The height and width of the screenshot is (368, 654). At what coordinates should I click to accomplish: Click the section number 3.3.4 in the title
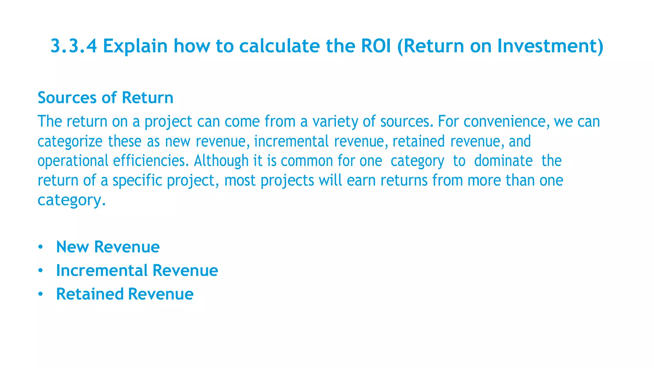(x=74, y=46)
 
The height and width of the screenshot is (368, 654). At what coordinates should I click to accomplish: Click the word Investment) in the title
(x=551, y=46)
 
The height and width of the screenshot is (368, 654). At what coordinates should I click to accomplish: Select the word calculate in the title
(x=279, y=46)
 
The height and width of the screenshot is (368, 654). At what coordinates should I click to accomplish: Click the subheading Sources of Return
(x=105, y=98)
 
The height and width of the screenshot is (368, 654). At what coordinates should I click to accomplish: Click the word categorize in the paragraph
(x=70, y=142)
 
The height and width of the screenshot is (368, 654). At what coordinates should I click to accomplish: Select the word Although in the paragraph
(x=221, y=160)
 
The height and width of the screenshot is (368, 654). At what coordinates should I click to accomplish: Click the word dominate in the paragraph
(x=503, y=161)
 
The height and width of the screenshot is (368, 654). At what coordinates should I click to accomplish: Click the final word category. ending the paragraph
(x=71, y=200)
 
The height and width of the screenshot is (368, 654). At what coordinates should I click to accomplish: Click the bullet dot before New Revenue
(x=40, y=247)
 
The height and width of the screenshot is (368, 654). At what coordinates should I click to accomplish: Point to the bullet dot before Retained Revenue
(x=40, y=294)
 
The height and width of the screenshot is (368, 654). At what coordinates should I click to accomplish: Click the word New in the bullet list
(x=72, y=247)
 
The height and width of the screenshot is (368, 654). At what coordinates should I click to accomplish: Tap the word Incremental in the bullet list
(x=102, y=271)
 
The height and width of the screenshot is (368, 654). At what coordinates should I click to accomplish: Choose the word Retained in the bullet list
(x=90, y=294)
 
